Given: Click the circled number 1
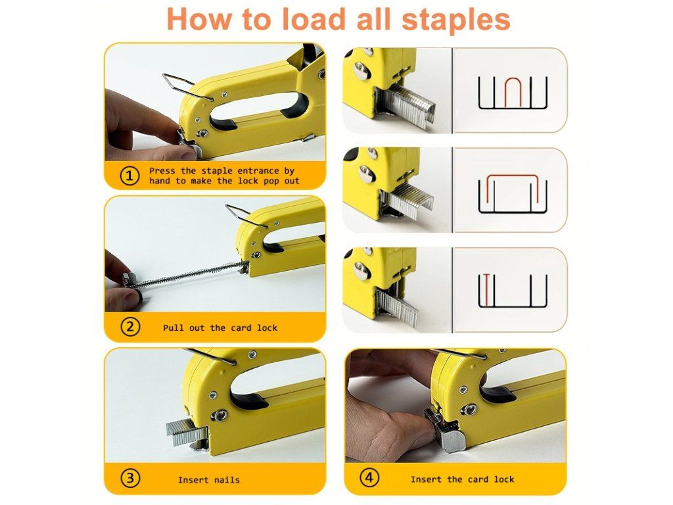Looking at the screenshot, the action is click(x=129, y=176).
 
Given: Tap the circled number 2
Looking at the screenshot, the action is click(x=129, y=327).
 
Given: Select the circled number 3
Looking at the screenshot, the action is click(x=129, y=479).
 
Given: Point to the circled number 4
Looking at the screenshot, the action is click(x=369, y=477).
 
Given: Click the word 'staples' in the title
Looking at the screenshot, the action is click(x=456, y=19).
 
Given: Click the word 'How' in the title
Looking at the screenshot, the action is click(x=198, y=19).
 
